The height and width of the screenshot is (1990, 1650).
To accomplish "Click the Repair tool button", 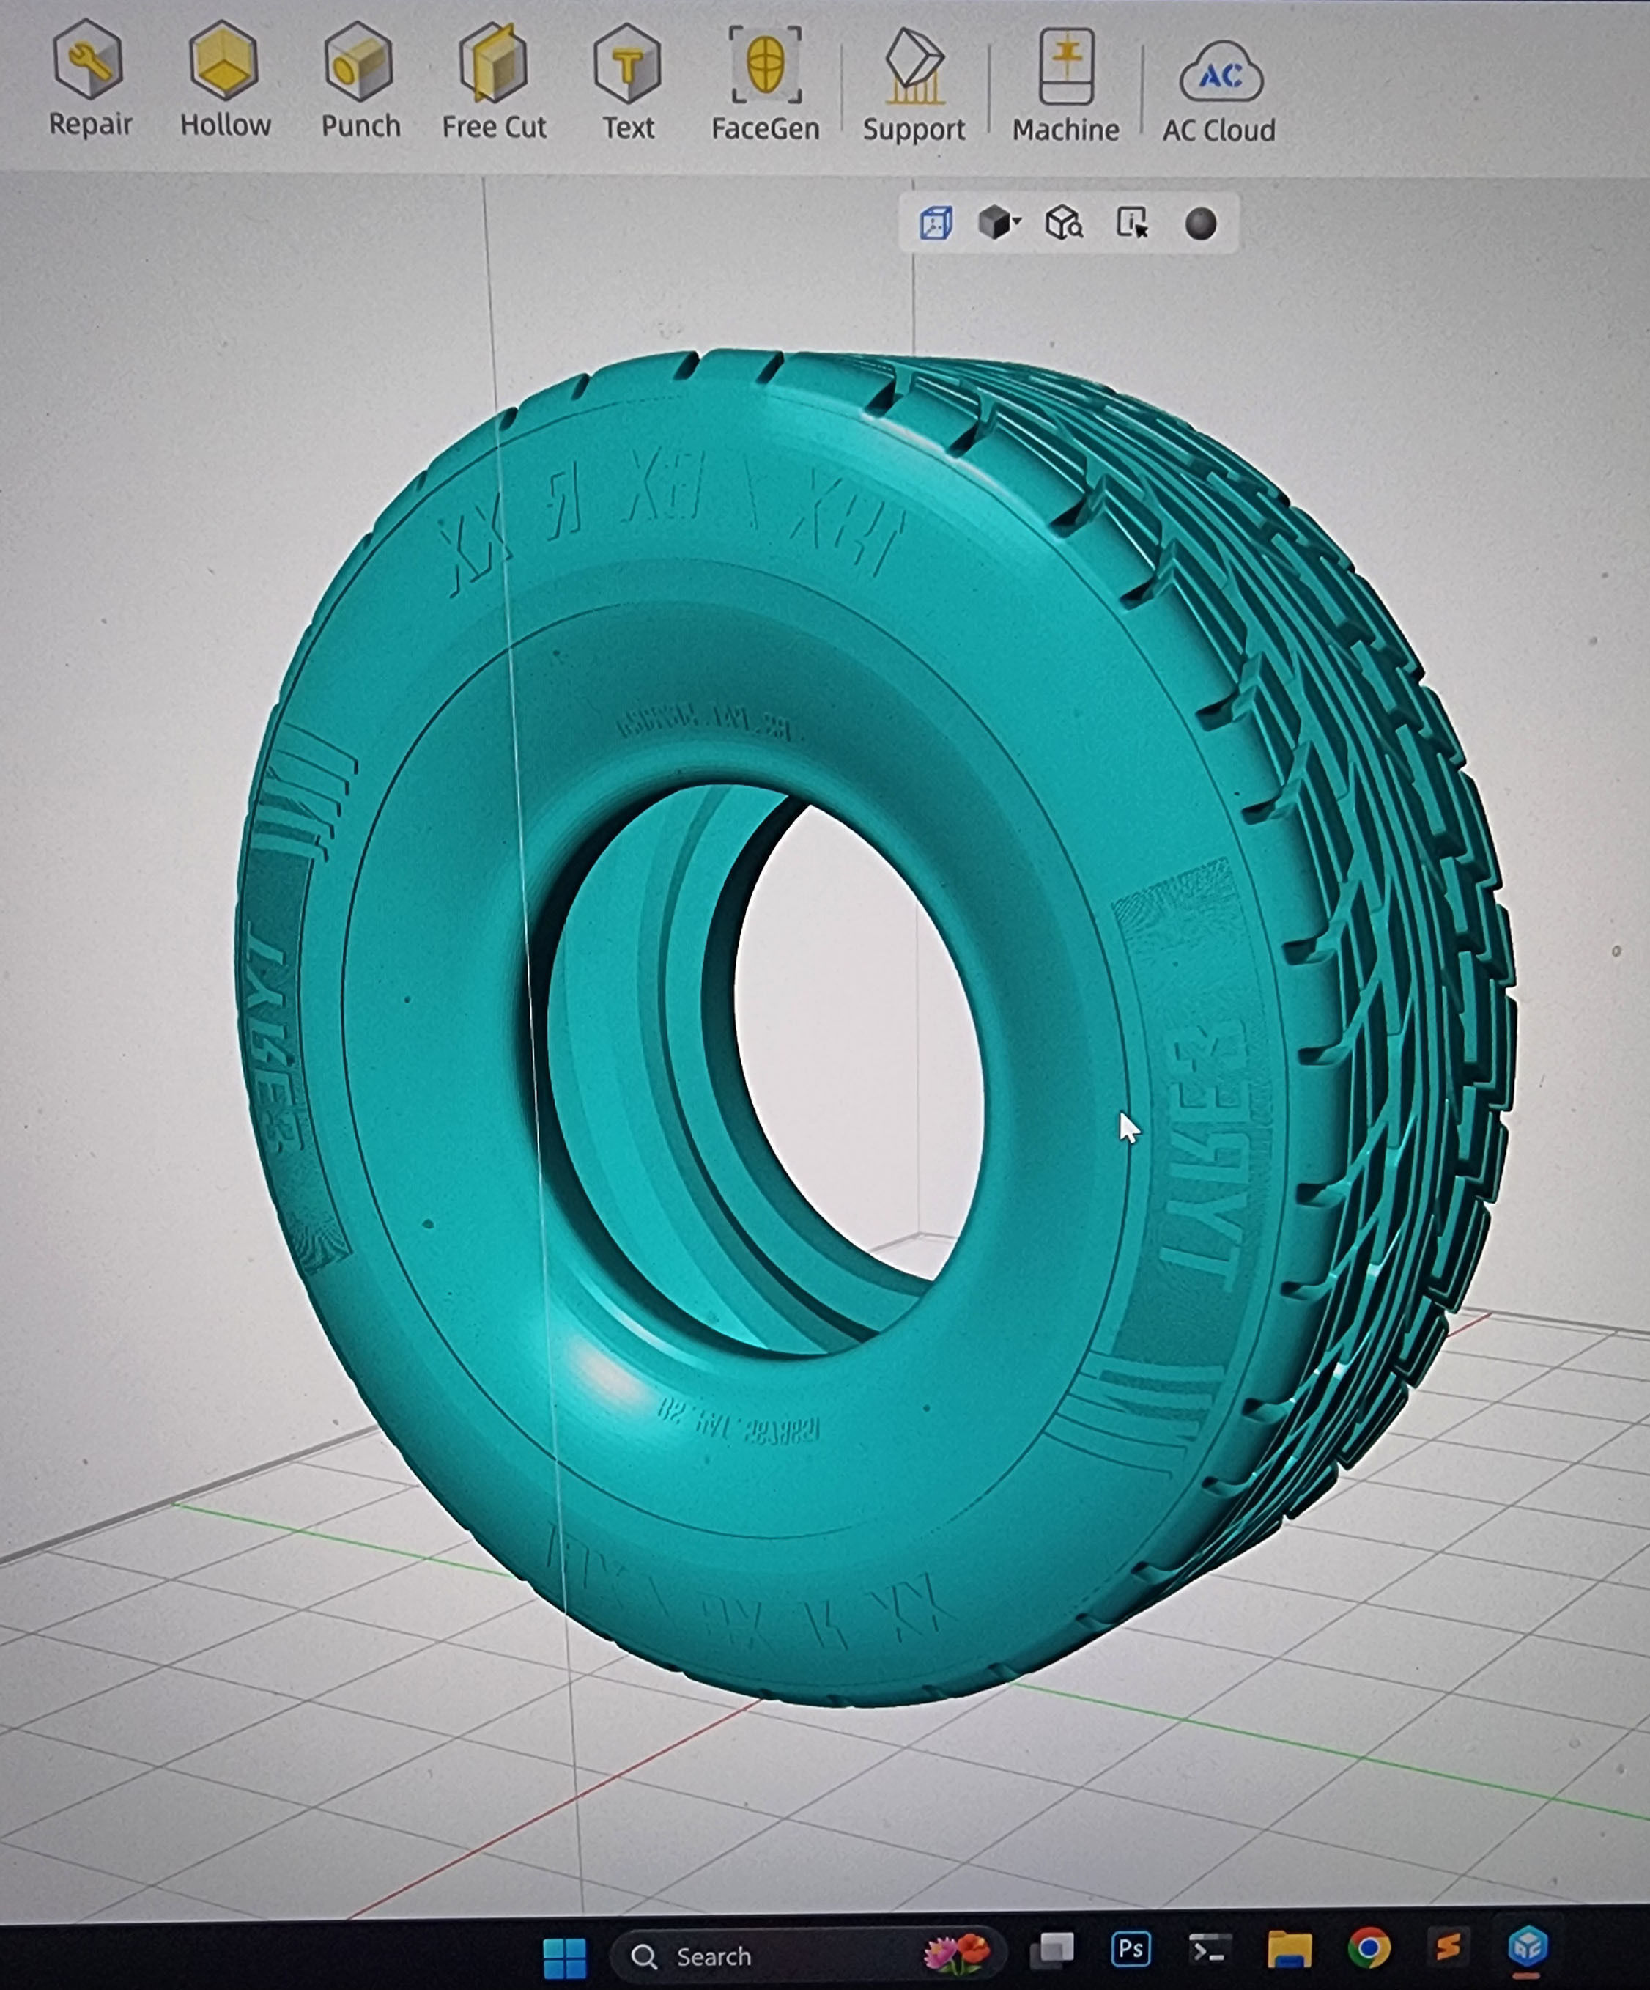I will pyautogui.click(x=89, y=81).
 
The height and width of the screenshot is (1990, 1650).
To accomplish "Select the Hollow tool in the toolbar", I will pyautogui.click(x=224, y=81).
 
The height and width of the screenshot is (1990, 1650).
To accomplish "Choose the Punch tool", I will pyautogui.click(x=360, y=81).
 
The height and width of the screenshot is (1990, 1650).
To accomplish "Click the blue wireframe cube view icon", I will pyautogui.click(x=936, y=224).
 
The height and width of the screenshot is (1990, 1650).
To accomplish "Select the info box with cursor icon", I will pyautogui.click(x=1132, y=224).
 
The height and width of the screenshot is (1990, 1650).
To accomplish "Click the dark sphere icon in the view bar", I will pyautogui.click(x=1200, y=224).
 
